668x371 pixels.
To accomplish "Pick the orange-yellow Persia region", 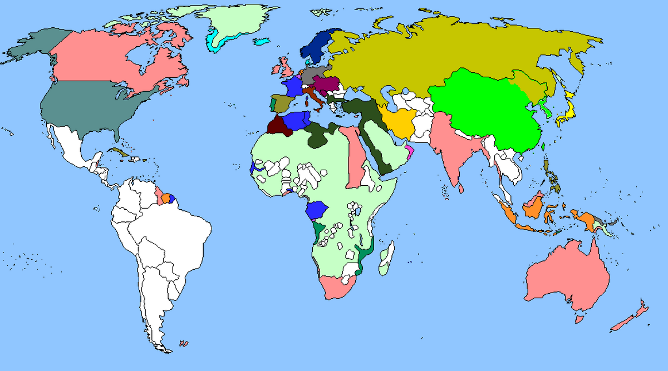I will pos(398,122).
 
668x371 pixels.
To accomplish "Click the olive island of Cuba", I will pos(118,152).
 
